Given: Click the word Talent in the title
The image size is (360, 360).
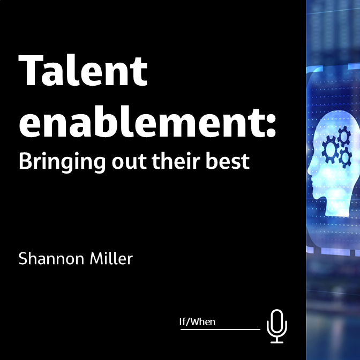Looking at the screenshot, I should coord(83,71).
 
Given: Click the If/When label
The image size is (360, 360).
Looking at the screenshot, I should coord(197,322).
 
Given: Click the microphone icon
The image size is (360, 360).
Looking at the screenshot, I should coord(277,325).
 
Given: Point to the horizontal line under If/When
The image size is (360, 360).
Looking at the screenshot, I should coord(220,329).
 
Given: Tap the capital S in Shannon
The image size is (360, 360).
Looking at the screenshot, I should coord(23,259).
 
